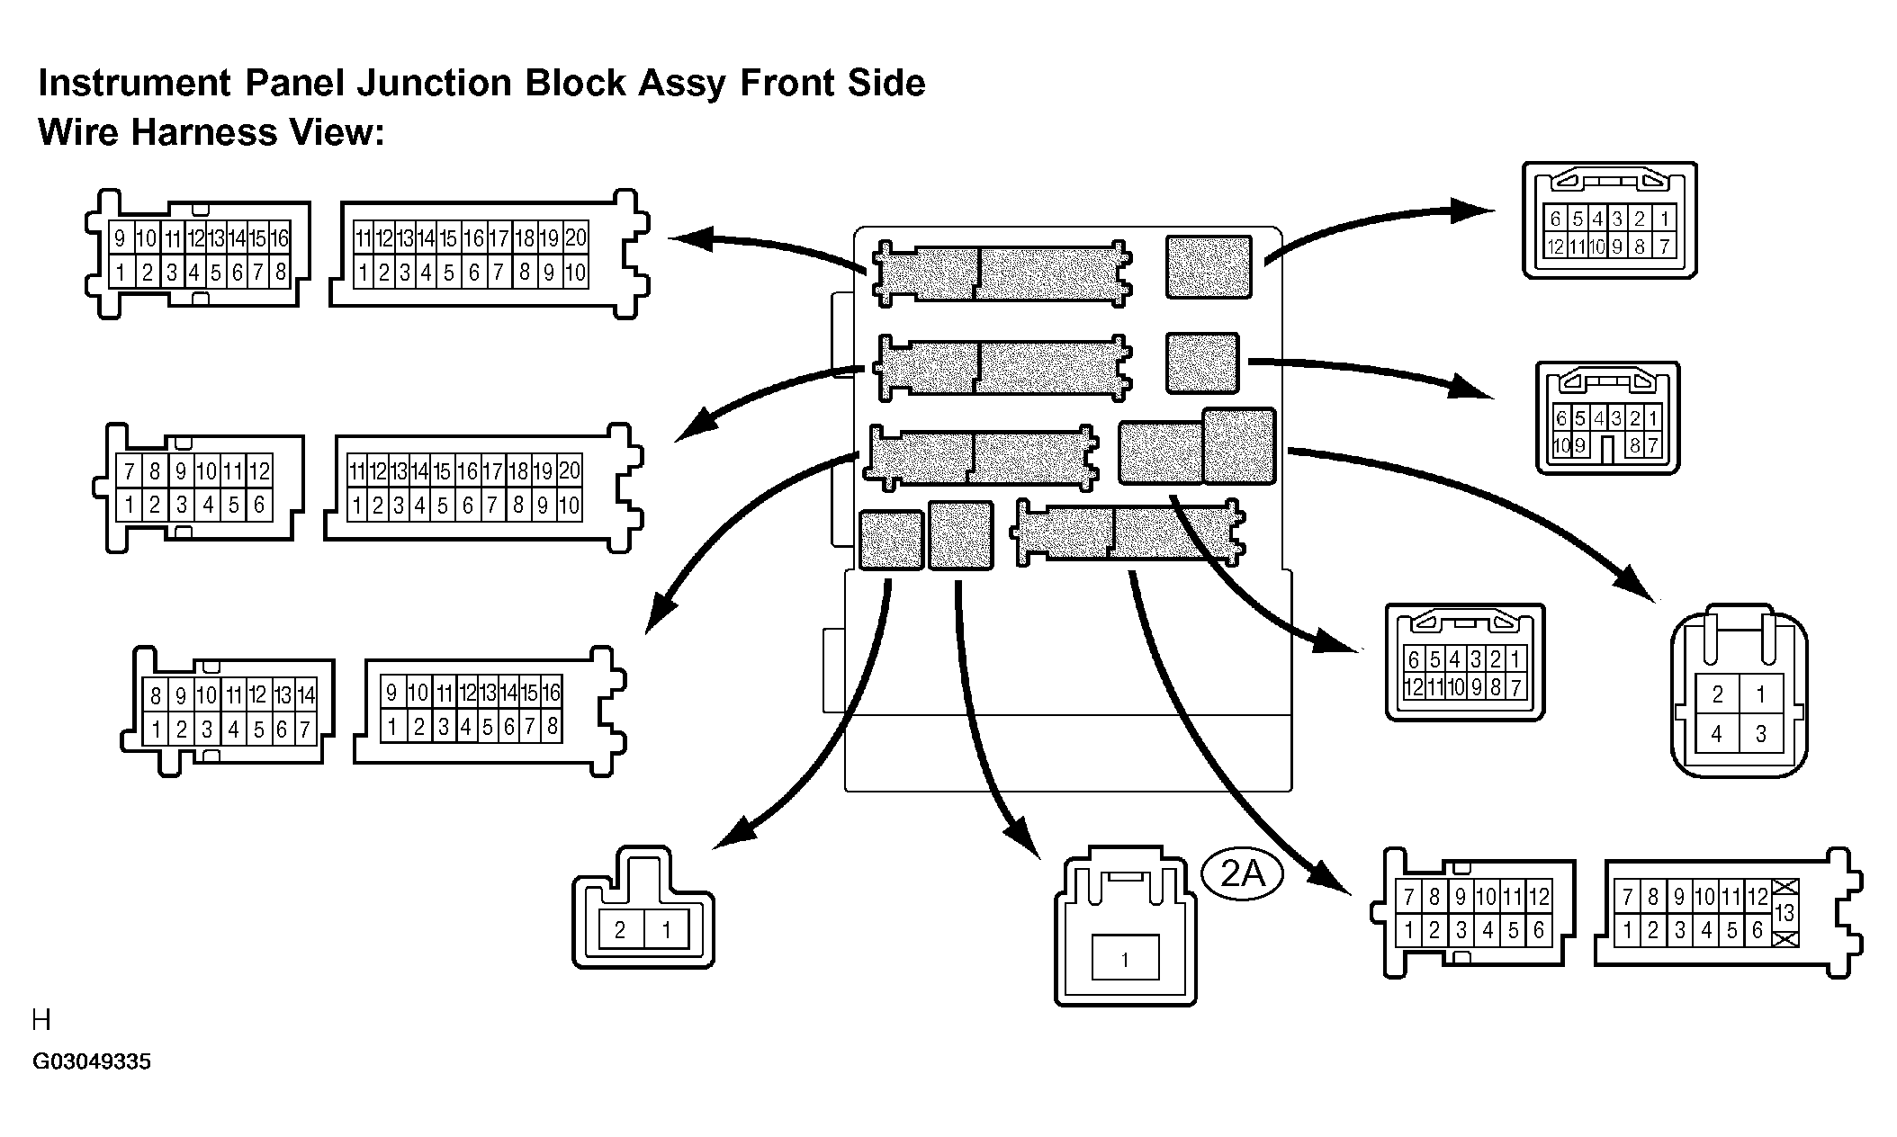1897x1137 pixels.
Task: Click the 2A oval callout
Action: tap(1242, 873)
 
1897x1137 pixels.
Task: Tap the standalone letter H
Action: tap(41, 1020)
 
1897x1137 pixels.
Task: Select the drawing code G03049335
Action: tap(92, 1062)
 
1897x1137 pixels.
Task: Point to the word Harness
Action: tap(205, 132)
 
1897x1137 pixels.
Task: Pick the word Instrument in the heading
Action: tap(134, 83)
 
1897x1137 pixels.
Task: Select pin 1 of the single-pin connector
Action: tap(1125, 959)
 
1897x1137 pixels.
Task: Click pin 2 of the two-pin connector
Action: tap(620, 930)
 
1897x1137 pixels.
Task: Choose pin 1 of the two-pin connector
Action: tap(667, 930)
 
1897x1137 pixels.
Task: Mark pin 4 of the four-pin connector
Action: tap(1717, 734)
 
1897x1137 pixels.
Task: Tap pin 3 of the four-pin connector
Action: tap(1761, 734)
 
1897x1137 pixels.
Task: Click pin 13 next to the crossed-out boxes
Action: tap(1785, 914)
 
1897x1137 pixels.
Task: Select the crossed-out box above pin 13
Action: tap(1785, 887)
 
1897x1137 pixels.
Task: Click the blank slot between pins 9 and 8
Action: tap(1607, 445)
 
